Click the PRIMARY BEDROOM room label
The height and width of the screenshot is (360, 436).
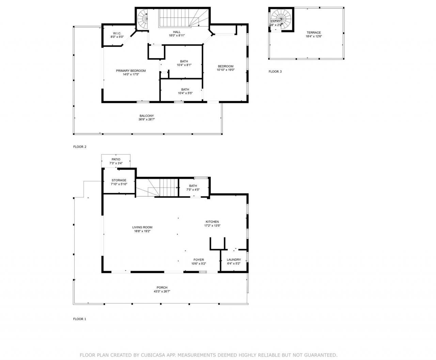coord(131,71)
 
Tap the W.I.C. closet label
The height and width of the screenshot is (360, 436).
coord(117,33)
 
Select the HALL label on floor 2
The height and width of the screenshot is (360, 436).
coord(176,32)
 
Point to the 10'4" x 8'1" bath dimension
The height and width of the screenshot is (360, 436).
coord(184,65)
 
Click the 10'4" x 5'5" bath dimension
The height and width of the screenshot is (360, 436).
coord(185,93)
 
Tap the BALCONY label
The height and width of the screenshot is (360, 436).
coord(146,116)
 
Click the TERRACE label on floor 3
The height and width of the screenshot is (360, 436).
coord(313,33)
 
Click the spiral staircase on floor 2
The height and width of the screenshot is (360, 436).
coord(142,19)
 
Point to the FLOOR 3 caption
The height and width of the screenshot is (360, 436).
coord(275,71)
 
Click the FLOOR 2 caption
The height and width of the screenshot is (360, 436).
coord(80,147)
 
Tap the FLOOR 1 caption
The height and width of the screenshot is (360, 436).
coord(80,319)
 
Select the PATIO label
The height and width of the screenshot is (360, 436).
coord(116,159)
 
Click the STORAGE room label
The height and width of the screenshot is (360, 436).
coord(119,180)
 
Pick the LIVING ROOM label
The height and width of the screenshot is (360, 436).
coord(142,227)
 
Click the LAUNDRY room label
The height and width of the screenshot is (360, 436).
coord(234,260)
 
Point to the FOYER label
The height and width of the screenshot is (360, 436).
coord(199,260)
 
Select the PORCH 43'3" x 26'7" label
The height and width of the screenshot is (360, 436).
coord(162,288)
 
